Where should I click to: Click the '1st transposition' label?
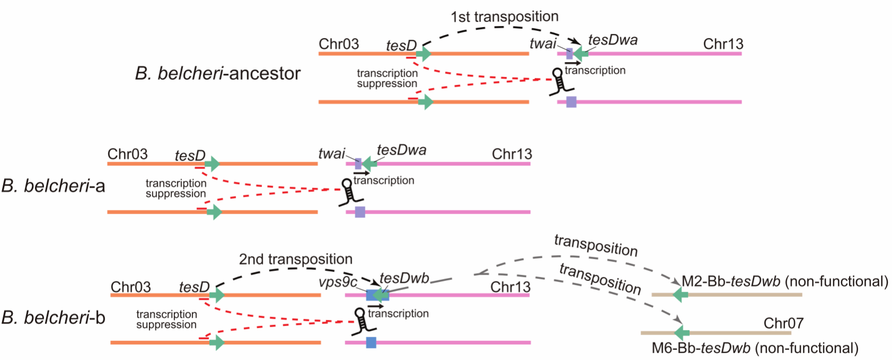(504, 17)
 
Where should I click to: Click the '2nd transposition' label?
(295, 259)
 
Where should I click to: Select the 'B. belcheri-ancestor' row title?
(217, 73)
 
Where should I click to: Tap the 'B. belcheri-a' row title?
(53, 186)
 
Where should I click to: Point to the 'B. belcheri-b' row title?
(53, 318)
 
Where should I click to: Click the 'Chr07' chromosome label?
(783, 323)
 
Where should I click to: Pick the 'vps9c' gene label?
(338, 282)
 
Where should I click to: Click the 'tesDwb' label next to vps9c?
(404, 278)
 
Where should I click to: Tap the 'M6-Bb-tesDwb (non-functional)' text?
(755, 348)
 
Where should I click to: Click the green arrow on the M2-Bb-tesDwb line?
(680, 294)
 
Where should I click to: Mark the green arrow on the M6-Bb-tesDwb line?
(681, 333)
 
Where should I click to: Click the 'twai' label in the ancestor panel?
(543, 43)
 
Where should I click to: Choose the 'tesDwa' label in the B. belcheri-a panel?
(401, 150)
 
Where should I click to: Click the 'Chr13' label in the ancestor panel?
(723, 44)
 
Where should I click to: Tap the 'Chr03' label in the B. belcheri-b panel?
(130, 287)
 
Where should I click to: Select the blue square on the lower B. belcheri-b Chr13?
(371, 343)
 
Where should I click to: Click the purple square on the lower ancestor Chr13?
(571, 102)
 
